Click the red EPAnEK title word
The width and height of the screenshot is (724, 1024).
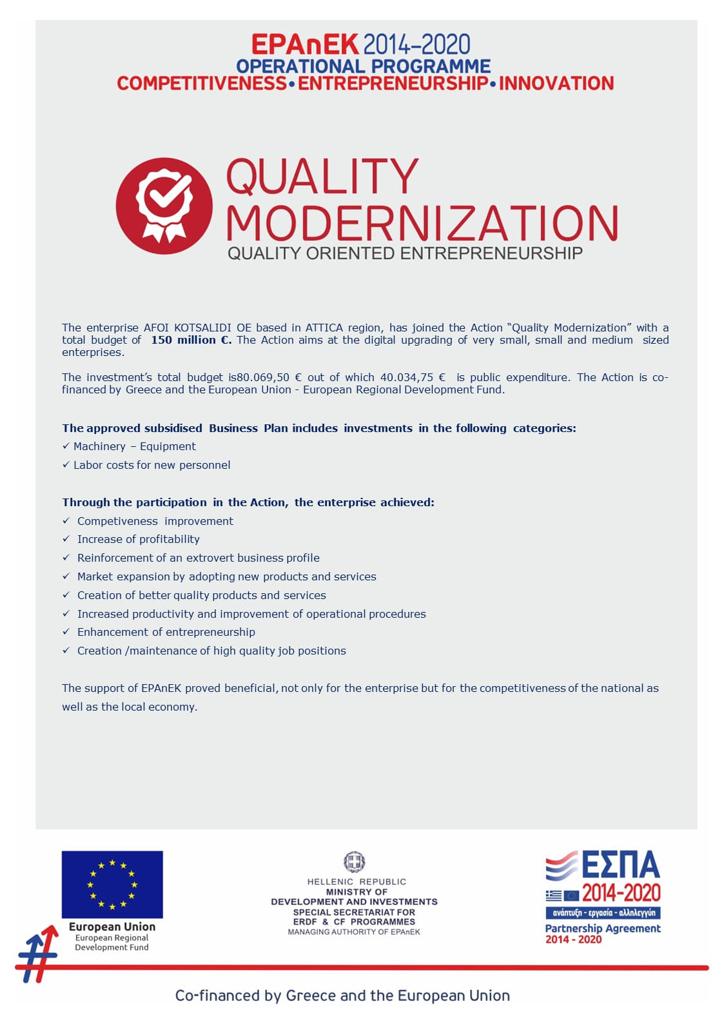(x=304, y=44)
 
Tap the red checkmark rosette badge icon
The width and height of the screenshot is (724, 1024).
(x=164, y=206)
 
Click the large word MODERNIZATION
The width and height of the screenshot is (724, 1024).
(x=422, y=223)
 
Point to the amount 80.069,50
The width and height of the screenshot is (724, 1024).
(x=263, y=377)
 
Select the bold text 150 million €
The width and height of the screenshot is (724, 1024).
(x=191, y=340)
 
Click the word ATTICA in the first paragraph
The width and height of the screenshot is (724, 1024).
(x=324, y=328)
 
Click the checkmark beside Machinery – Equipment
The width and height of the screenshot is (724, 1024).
(x=66, y=446)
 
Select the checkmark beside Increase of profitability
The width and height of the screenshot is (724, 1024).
(x=66, y=539)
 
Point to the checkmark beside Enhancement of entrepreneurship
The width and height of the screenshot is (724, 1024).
(x=66, y=632)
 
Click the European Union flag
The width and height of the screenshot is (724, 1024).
(x=112, y=884)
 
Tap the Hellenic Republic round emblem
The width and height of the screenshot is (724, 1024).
(x=354, y=862)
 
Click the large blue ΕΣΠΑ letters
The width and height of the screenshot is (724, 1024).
(x=621, y=865)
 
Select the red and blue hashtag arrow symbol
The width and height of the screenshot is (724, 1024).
(x=37, y=954)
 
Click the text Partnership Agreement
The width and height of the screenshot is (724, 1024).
(x=603, y=929)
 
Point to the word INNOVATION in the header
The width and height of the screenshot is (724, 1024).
(x=556, y=83)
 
